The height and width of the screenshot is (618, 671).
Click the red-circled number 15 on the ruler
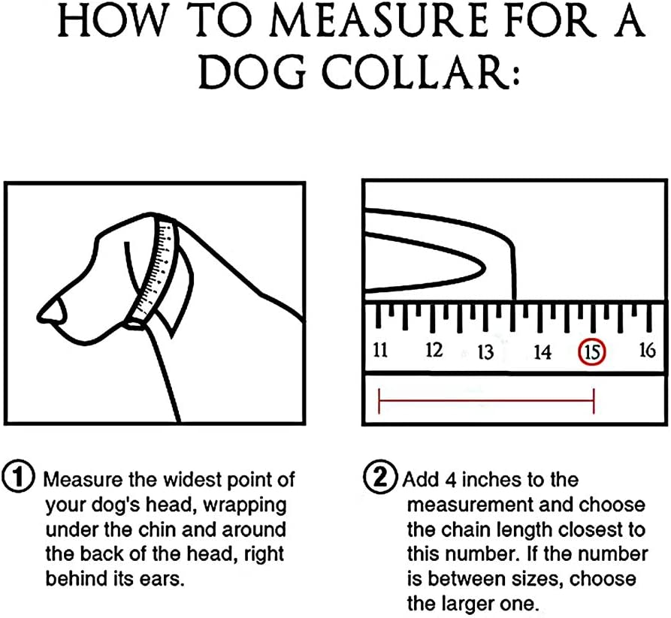[592, 352]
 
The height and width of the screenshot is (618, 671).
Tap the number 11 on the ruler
[380, 350]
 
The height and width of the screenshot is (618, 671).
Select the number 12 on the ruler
[434, 350]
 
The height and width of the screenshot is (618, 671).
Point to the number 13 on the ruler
[485, 352]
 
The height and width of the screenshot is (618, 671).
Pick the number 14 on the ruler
[543, 352]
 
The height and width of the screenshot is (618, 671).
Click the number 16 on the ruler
[648, 350]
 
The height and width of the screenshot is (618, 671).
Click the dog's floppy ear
[179, 291]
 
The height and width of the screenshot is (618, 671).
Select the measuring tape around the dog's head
[154, 272]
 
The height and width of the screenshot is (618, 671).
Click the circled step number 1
[18, 478]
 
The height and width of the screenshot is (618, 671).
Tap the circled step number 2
[380, 476]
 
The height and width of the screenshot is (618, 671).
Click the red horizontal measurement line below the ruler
[486, 401]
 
